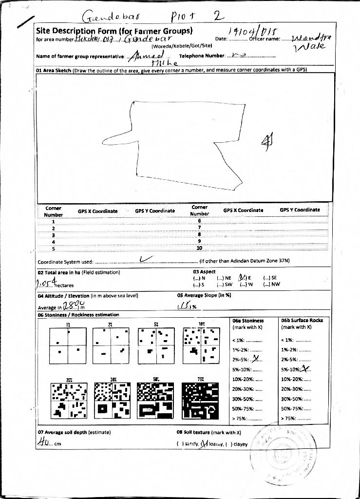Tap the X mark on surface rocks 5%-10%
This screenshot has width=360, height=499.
point(304,369)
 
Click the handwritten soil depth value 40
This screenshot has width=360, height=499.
point(43,442)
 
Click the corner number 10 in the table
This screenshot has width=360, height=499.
point(199,248)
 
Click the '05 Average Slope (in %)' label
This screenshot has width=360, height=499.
point(204,295)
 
